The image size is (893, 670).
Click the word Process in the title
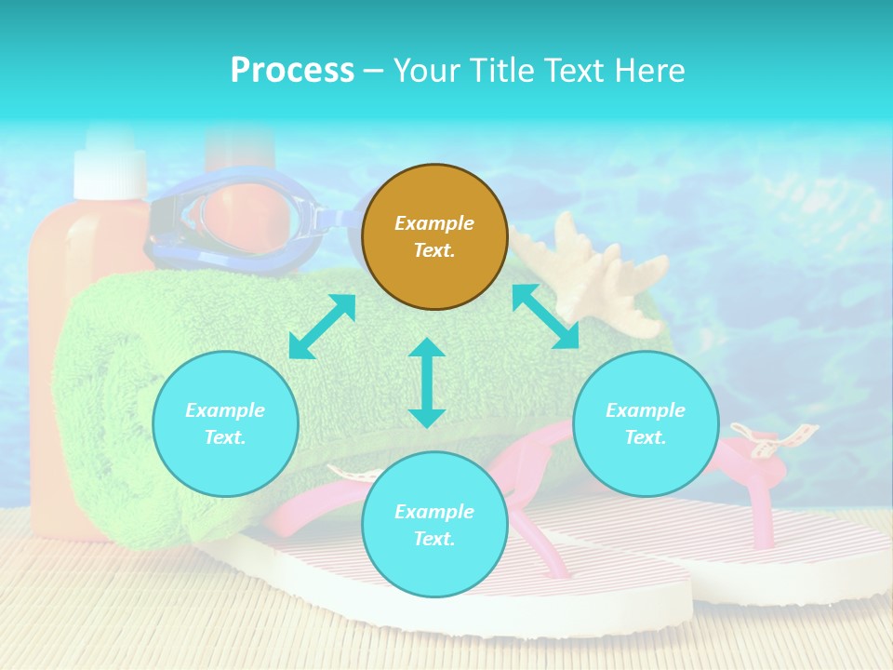coord(292,71)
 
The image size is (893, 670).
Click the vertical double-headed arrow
coord(427,382)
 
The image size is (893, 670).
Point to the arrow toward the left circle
coord(322,327)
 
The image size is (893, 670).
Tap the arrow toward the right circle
coord(545,316)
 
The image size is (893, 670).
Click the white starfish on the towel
coord(595,275)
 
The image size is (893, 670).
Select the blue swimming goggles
coord(242,219)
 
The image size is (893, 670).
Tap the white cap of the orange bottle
coord(111,166)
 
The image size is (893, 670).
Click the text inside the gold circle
coord(434,236)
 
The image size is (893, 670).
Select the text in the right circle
coord(646,423)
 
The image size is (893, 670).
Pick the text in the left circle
coord(225,423)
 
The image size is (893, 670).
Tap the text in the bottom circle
coord(434,525)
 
